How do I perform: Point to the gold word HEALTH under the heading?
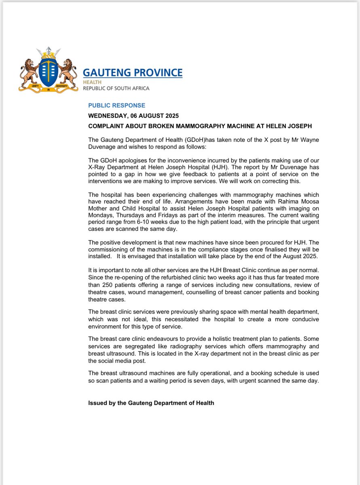pos(91,82)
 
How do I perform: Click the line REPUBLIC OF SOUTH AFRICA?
pos(116,88)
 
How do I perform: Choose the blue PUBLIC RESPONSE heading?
pos(116,105)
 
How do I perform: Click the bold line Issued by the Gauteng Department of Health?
pos(151,403)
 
